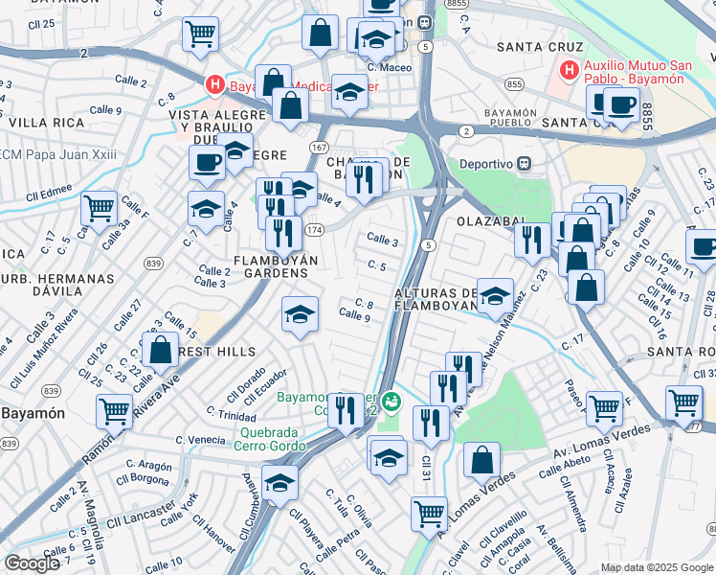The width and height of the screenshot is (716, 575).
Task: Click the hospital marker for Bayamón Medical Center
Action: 215,85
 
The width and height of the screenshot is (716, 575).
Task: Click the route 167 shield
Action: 319,147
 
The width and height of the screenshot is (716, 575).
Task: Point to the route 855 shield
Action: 515,84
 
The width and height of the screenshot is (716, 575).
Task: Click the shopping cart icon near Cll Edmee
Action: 99,208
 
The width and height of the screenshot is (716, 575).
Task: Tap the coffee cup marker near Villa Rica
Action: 205,163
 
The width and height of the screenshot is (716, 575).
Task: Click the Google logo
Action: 32,563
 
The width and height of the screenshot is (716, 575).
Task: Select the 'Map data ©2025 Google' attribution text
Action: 656,567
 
